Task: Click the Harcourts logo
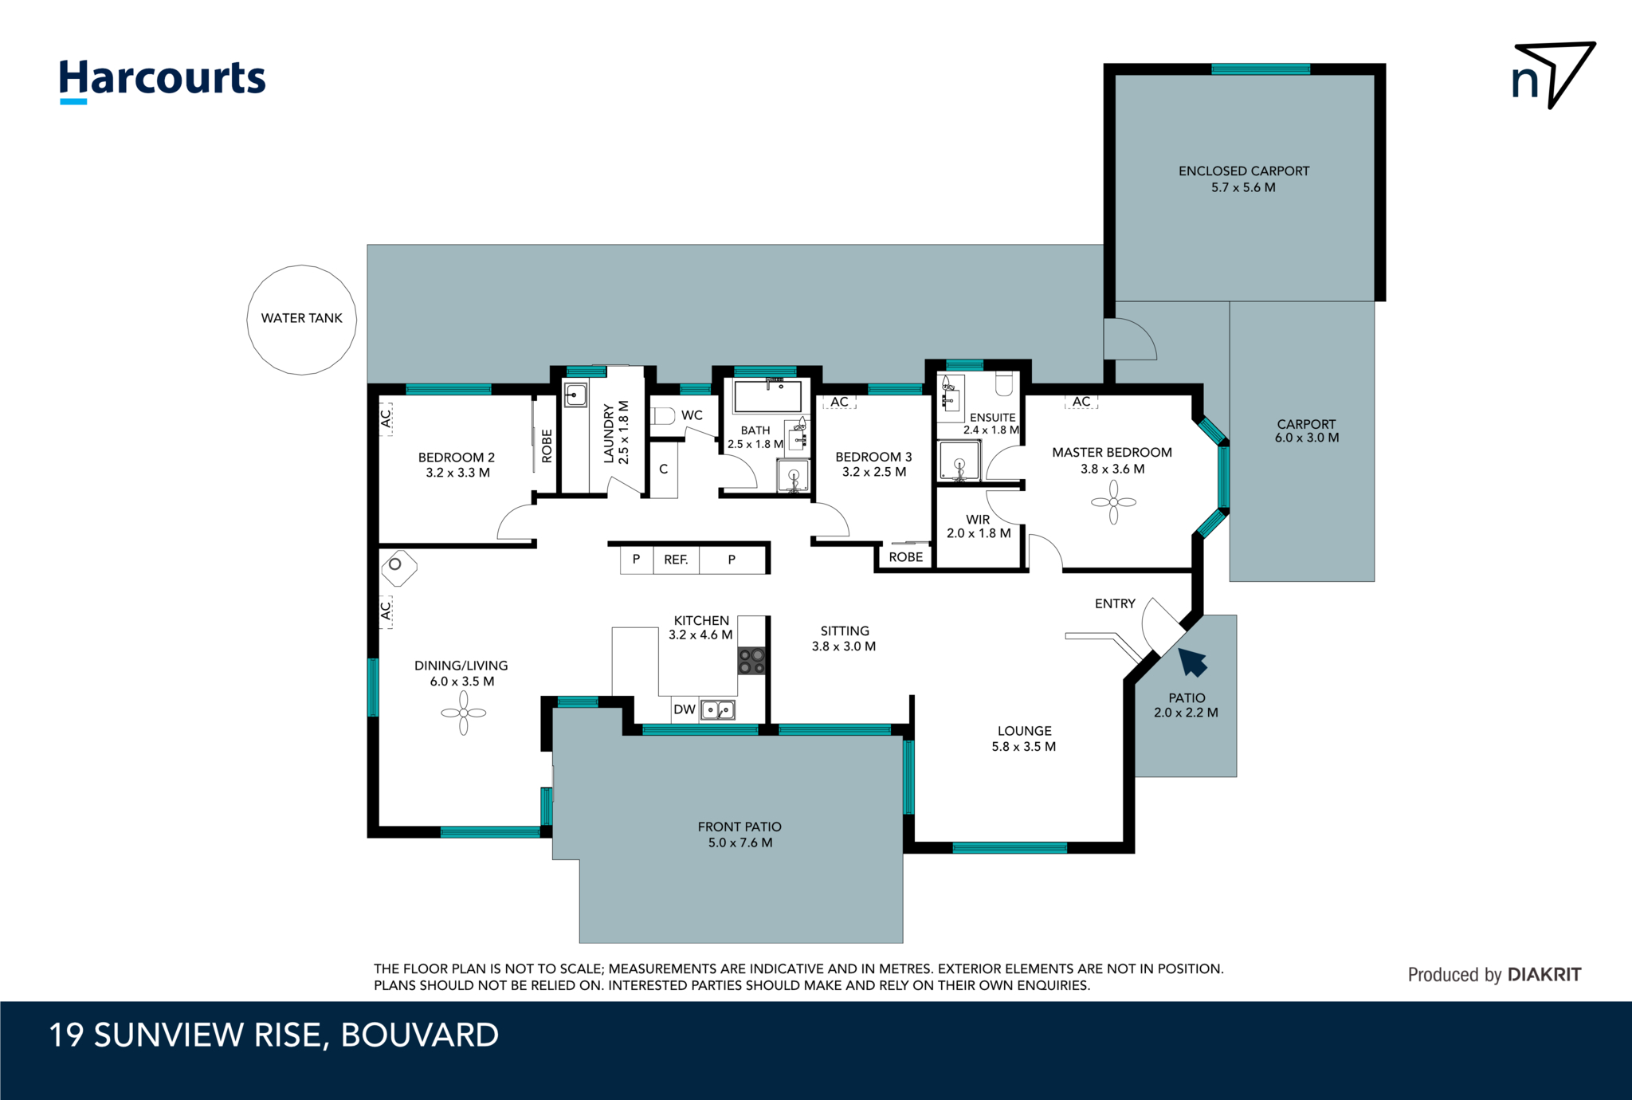(163, 80)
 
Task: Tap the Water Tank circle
(301, 319)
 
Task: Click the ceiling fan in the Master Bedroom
(1113, 502)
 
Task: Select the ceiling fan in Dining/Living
(463, 713)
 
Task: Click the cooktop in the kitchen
(751, 661)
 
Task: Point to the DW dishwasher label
(684, 709)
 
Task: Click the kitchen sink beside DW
(717, 709)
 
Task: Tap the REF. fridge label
(676, 560)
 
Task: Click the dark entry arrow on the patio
(1192, 662)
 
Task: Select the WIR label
(978, 520)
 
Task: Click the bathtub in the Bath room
(767, 396)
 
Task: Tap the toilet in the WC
(662, 416)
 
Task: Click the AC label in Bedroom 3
(839, 402)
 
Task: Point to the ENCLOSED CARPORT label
(1243, 171)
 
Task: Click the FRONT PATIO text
(739, 827)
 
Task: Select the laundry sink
(575, 395)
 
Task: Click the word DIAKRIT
(1544, 974)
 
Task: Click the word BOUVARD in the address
(419, 1035)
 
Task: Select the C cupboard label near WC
(663, 469)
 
